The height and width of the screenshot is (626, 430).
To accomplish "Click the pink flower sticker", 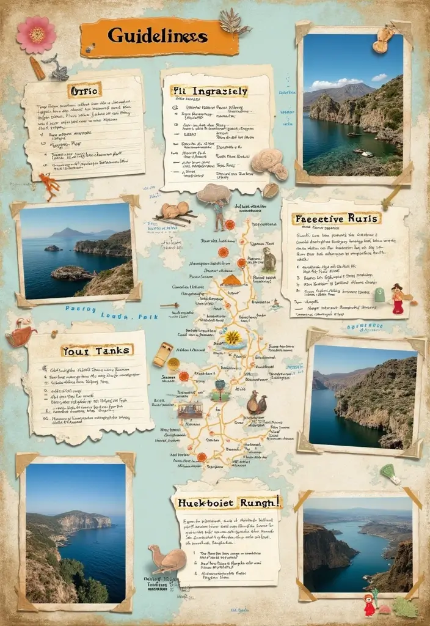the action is click(x=36, y=34).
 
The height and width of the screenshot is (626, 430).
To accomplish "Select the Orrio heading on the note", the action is click(x=85, y=92).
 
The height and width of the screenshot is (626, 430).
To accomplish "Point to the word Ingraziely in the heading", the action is click(x=220, y=91).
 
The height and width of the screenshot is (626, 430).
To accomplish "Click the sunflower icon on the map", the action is click(x=232, y=337).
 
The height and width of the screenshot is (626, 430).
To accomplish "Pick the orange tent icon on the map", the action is click(x=232, y=281).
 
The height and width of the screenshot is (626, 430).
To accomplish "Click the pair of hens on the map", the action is click(x=256, y=403).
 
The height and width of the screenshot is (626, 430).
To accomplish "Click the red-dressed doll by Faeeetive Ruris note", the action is click(x=398, y=299).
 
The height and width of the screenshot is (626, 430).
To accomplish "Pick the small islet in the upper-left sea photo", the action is click(x=53, y=248).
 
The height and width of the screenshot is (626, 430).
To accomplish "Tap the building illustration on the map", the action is click(x=190, y=409).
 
